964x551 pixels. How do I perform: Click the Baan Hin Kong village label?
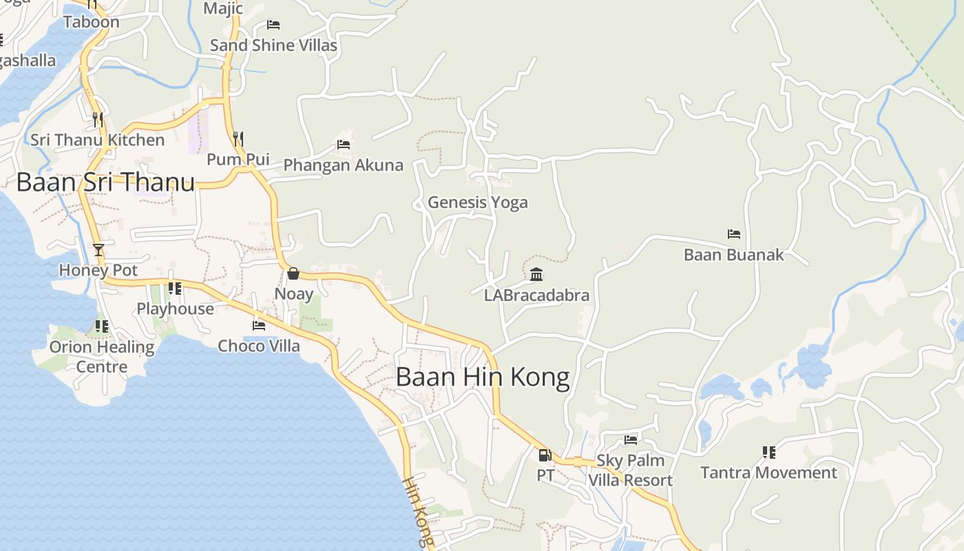pos(483,377)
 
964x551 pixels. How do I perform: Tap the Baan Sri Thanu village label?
pos(105,183)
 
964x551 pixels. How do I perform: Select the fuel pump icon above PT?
pos(545,455)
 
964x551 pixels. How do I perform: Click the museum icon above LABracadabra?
pos(536,275)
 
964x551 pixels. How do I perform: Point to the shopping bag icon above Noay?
pos(293,273)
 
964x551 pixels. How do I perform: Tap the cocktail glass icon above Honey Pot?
pos(98,249)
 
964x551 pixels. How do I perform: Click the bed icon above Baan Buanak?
pos(734,234)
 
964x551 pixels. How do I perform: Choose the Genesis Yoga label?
pos(478,202)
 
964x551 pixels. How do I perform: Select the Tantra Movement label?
pos(768,472)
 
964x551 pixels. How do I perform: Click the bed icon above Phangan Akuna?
pos(344,145)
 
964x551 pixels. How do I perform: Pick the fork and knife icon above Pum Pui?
pos(238,138)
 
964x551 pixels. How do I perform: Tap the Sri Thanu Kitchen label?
pos(97,140)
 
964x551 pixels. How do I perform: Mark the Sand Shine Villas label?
pos(273,45)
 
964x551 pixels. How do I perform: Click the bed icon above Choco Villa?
pos(259,325)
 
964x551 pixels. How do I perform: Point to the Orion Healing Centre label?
pos(102,356)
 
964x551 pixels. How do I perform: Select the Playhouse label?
pos(175,309)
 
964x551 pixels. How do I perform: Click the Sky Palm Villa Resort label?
pos(630,470)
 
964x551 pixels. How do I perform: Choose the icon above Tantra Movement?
pos(768,453)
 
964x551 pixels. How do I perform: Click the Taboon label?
pos(91,22)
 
